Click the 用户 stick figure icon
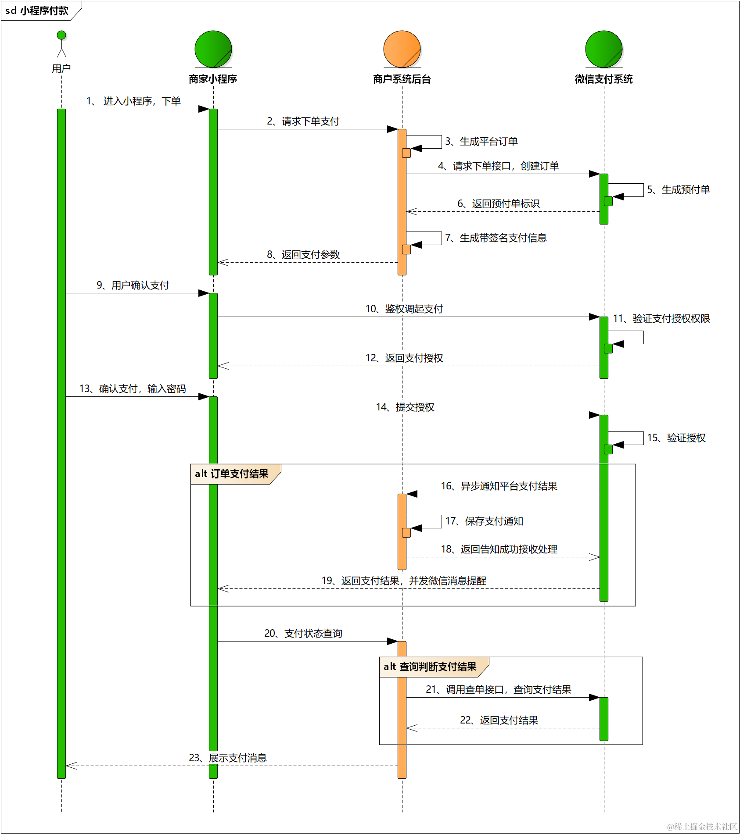[x=61, y=44]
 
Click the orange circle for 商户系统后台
[x=402, y=49]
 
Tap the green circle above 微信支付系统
[x=604, y=49]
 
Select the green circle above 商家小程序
[x=213, y=49]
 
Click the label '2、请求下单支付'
[x=303, y=121]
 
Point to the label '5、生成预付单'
[x=679, y=190]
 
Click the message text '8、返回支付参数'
[x=303, y=255]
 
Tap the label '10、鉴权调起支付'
[x=404, y=309]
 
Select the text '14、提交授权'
[x=405, y=407]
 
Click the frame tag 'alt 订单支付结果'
[x=232, y=474]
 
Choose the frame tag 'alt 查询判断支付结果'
[x=430, y=667]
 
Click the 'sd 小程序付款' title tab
[x=37, y=11]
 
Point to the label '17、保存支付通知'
[x=484, y=521]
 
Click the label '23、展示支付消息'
[x=228, y=758]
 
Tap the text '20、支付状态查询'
[x=303, y=634]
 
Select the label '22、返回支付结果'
[x=499, y=720]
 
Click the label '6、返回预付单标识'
[x=499, y=204]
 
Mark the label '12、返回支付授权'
[x=404, y=358]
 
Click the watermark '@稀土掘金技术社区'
[x=702, y=827]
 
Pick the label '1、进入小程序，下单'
[x=133, y=101]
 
